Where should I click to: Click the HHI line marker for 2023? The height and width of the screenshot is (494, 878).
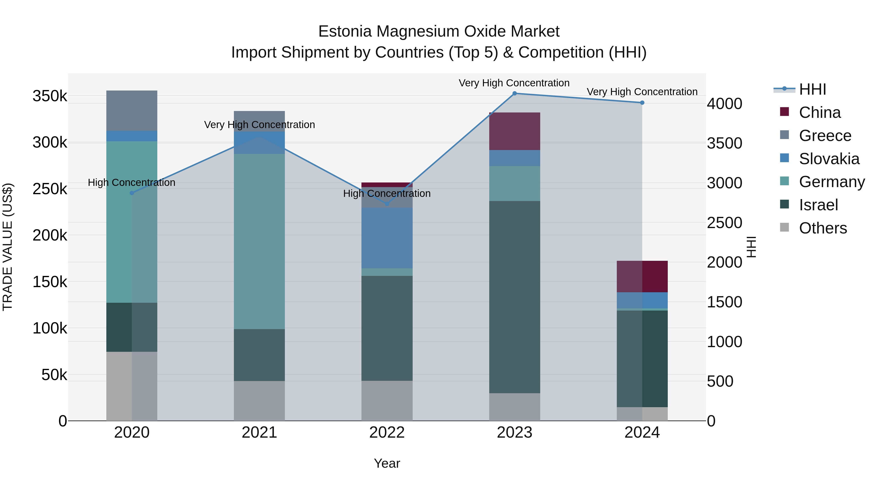515,93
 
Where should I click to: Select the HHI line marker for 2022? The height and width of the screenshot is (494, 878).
387,204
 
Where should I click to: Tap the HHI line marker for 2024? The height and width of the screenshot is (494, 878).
642,103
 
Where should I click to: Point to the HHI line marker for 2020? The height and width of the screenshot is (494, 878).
132,193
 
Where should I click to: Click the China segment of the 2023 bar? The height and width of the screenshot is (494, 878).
515,131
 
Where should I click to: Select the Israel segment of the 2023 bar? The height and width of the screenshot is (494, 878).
515,297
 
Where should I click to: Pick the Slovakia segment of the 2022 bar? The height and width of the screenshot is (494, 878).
387,238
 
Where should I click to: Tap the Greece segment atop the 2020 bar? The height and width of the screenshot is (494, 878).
132,111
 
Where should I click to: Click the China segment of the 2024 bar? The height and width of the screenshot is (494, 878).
642,276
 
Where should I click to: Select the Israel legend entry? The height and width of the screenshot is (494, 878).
818,205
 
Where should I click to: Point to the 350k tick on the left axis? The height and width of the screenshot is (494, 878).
50,96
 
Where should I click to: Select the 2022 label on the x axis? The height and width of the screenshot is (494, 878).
387,433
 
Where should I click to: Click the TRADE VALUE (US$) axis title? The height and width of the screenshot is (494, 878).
8,247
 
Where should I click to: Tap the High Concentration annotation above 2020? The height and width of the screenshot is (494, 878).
131,182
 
